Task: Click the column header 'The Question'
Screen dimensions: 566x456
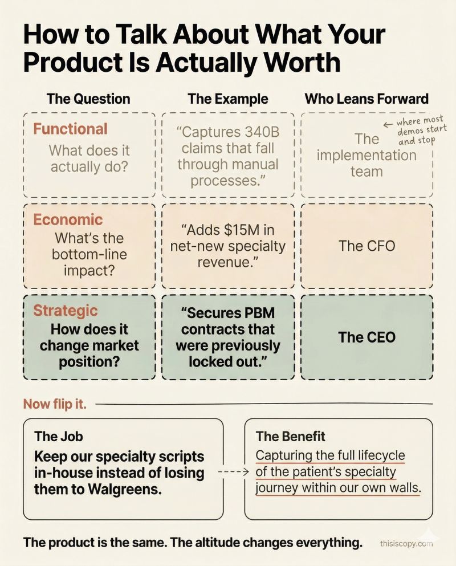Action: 88,99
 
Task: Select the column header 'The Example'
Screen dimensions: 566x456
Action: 228,99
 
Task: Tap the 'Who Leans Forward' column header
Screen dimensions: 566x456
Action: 367,99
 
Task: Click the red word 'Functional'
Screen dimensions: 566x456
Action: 70,129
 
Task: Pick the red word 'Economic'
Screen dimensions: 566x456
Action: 68,219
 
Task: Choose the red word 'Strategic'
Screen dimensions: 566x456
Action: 66,311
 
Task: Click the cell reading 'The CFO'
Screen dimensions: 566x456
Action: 367,246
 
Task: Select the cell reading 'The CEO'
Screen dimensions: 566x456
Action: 367,337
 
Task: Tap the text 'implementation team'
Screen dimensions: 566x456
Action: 367,163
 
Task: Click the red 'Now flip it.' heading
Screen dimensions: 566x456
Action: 55,404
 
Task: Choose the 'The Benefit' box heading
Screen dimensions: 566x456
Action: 291,437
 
